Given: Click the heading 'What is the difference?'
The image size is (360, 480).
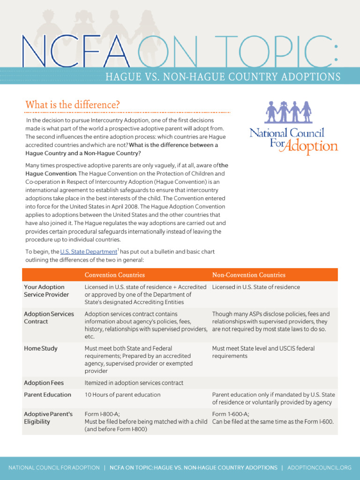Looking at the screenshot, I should coord(72,105).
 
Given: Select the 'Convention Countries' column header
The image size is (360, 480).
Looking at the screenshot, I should coord(114,275).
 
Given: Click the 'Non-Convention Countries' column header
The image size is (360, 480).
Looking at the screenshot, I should coord(248,275).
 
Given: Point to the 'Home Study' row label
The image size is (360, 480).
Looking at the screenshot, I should coord(41,348).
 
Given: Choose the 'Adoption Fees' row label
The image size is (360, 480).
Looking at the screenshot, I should coord(44,383).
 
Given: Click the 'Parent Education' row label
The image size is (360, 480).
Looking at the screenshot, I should coord(47,395).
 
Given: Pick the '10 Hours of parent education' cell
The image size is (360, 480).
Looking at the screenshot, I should coord(122,395).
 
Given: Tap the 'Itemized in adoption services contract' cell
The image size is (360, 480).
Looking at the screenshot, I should coord(134,383).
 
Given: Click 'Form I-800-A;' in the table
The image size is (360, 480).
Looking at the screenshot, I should coord(102,414).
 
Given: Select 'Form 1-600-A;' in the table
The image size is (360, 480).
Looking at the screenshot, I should coord(230,414).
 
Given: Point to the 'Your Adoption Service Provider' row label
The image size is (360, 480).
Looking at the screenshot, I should coord(46,291).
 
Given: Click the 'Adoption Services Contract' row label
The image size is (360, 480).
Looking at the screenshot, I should coord(49,318).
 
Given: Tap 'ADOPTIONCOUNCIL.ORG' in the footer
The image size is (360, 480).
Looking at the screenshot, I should coord(319,467).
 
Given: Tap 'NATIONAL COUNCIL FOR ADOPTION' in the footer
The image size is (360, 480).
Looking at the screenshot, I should coord(54,467).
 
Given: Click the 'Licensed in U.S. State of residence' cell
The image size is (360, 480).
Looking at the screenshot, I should coord(256,287).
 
